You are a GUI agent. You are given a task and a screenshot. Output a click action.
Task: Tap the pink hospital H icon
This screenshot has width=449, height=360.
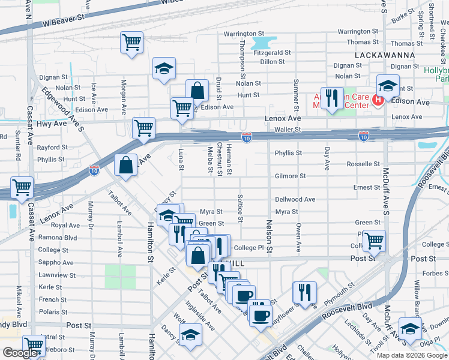click(x=378, y=100)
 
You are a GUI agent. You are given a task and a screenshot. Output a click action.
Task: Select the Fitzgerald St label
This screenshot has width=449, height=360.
click(x=272, y=53)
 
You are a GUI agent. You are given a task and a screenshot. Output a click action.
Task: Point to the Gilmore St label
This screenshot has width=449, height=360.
click(x=291, y=176)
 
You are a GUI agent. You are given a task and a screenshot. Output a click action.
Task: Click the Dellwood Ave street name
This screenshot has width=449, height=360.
click(x=295, y=199)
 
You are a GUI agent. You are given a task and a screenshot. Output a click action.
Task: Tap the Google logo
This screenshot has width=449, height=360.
click(x=20, y=352)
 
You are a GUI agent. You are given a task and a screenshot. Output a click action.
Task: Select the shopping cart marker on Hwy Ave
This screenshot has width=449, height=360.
click(x=143, y=128)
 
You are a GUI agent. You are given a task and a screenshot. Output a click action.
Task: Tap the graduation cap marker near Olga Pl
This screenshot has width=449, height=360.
click(x=410, y=328)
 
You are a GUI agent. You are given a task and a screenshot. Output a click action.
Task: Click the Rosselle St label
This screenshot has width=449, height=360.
click(x=363, y=164)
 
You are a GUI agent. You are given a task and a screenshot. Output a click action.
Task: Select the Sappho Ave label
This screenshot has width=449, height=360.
click(x=52, y=262)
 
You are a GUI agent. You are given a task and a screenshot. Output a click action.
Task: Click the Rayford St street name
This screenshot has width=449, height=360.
click(x=52, y=148)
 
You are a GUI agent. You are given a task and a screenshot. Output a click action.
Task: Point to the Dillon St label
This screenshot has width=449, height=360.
click(x=272, y=62)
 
